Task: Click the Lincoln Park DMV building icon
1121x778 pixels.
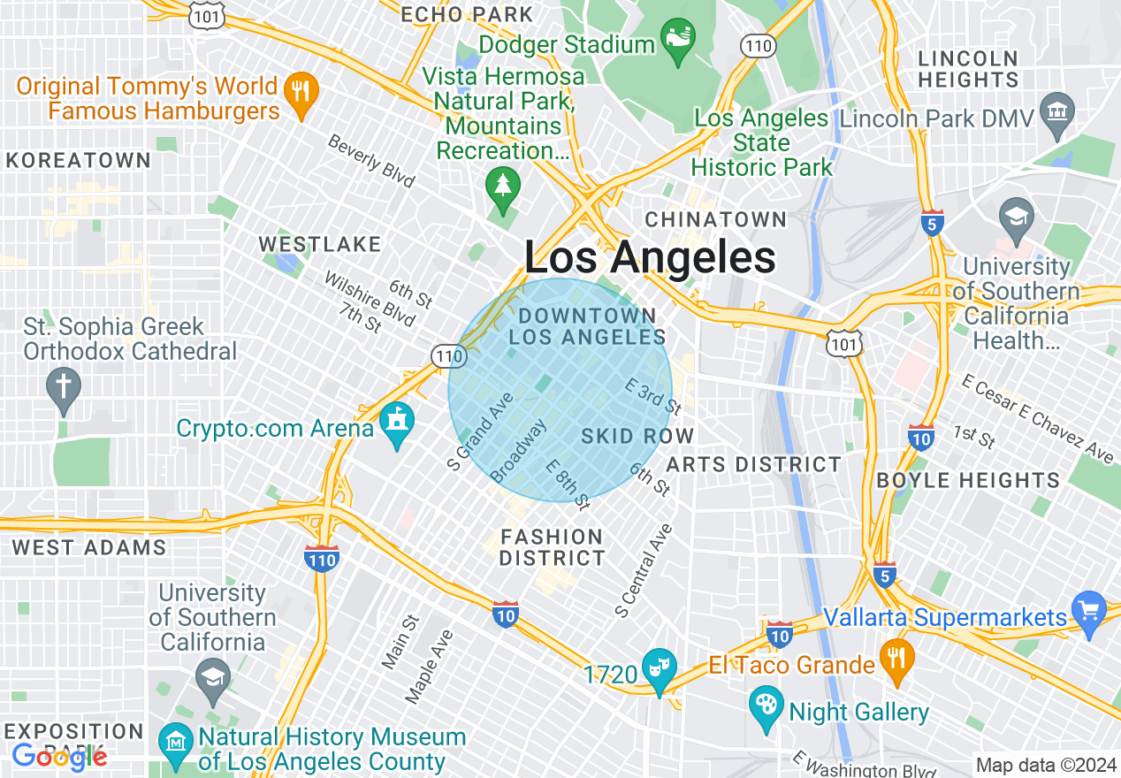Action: click(x=1056, y=115)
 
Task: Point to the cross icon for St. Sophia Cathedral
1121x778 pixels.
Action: click(x=63, y=389)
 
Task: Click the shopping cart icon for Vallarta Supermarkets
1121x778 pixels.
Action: click(x=1087, y=613)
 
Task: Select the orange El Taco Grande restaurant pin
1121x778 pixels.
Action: click(x=897, y=660)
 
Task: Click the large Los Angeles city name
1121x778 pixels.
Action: click(x=650, y=258)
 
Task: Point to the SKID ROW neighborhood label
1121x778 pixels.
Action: click(x=637, y=437)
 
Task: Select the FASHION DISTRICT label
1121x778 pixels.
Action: click(x=553, y=547)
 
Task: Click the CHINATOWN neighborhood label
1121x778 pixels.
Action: click(x=715, y=219)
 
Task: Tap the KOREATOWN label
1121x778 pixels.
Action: click(x=79, y=161)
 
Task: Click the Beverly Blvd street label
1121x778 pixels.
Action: click(x=370, y=161)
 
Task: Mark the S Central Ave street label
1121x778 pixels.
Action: click(x=644, y=571)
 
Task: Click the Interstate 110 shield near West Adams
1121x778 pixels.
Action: click(x=321, y=559)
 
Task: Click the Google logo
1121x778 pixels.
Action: click(x=59, y=757)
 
